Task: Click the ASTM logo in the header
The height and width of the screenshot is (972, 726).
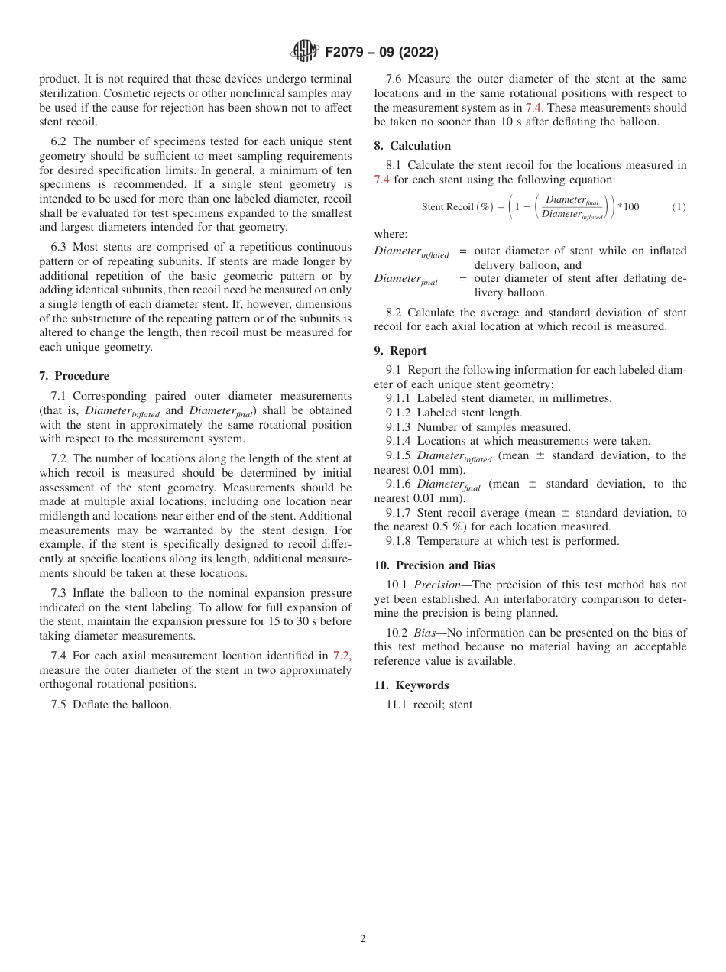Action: click(305, 52)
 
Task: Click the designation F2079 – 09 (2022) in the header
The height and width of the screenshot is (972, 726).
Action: click(381, 53)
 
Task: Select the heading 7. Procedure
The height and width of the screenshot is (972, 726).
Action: click(74, 376)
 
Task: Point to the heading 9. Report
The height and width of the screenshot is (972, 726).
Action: click(400, 351)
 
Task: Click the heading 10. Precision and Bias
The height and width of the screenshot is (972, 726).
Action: click(435, 565)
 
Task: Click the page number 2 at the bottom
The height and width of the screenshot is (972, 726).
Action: click(363, 939)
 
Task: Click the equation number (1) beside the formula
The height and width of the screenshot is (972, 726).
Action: click(679, 207)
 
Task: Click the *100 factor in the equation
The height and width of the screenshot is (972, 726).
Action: click(628, 207)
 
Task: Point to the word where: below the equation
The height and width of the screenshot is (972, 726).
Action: click(391, 234)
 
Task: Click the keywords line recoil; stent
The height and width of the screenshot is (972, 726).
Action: click(442, 705)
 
